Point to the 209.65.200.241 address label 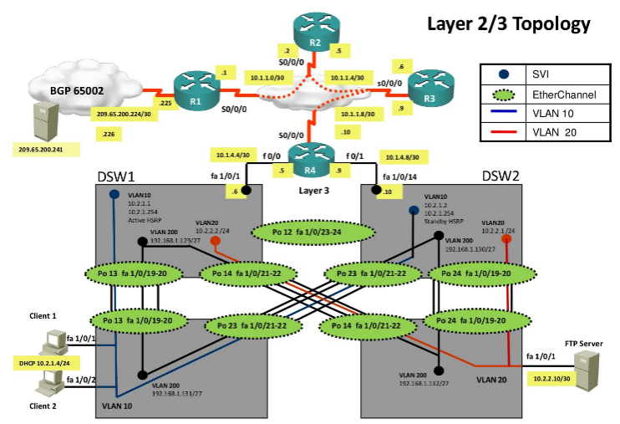[x=42, y=150]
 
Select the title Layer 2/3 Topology [x=508, y=23]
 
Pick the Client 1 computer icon [x=55, y=340]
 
